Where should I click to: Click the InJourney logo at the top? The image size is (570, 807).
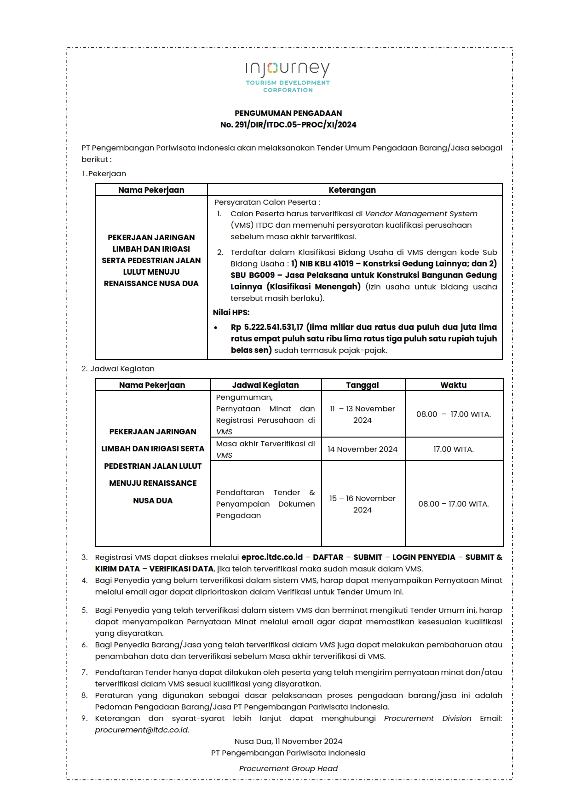(288, 76)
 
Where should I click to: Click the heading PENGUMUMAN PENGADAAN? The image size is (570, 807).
(288, 113)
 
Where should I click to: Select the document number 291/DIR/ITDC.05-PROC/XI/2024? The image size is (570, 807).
(295, 125)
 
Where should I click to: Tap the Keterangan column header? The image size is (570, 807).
(352, 190)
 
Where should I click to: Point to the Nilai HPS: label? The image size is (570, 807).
(231, 312)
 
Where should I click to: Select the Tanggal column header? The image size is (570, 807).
(363, 385)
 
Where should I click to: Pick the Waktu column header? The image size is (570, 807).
(453, 385)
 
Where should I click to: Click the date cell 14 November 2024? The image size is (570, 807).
(363, 449)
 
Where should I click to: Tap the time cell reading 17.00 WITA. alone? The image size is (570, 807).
(453, 449)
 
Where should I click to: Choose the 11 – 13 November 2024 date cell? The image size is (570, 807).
(363, 414)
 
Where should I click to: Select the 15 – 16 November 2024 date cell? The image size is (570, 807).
(363, 504)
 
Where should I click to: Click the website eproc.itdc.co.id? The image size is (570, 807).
(272, 557)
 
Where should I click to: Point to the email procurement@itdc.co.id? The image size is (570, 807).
(142, 730)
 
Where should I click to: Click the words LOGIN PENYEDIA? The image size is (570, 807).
(423, 557)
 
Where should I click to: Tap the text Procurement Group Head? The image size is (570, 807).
(288, 768)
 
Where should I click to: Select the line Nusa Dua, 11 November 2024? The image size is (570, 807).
(288, 741)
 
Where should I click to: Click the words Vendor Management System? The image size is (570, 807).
(421, 213)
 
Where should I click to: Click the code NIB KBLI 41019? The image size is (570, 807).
(327, 264)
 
